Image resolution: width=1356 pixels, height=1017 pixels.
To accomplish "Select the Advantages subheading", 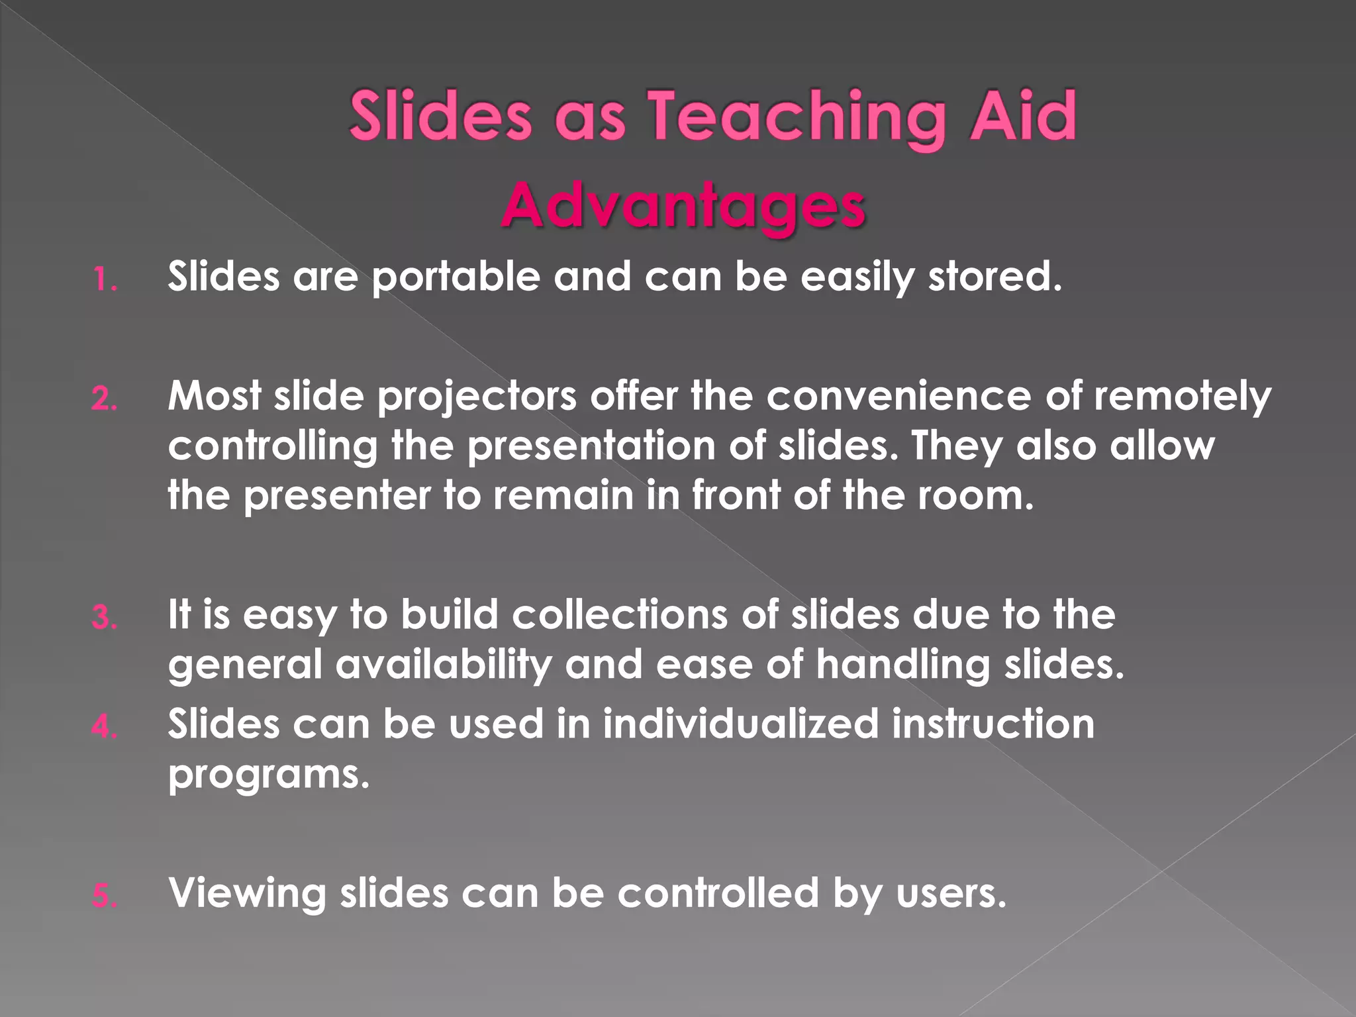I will (x=683, y=206).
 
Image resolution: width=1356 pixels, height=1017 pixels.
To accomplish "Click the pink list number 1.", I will (x=105, y=279).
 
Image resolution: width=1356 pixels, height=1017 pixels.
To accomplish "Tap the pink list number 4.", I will (x=105, y=727).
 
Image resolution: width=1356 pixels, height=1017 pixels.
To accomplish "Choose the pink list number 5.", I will (x=105, y=896).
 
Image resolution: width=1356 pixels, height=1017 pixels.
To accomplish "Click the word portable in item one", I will (x=456, y=277).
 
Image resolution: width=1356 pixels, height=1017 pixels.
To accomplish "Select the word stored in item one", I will (x=994, y=277).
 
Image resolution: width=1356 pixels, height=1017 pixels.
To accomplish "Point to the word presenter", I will (x=337, y=496).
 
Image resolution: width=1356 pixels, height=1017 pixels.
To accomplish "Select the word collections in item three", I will (x=620, y=615).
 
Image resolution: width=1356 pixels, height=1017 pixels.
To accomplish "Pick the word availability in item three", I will (x=443, y=665).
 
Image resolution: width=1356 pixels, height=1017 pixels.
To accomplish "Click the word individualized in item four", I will (x=740, y=724).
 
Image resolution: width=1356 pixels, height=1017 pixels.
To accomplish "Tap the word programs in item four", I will (x=268, y=775).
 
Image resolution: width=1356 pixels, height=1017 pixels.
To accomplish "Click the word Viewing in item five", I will (x=248, y=894).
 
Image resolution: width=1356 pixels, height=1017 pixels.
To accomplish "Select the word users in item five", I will (x=951, y=894).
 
